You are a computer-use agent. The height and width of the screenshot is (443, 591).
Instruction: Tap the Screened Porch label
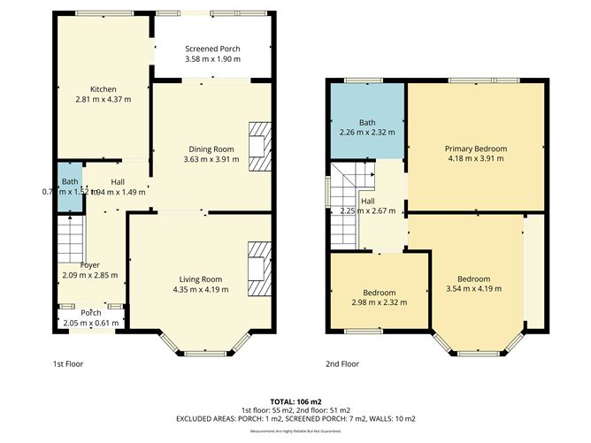pyautogui.click(x=212, y=49)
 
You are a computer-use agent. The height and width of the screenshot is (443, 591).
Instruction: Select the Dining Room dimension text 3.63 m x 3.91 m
pyautogui.click(x=209, y=159)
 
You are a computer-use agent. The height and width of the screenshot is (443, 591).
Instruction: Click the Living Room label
pyautogui.click(x=198, y=279)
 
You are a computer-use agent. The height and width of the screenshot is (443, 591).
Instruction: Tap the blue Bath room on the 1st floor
pyautogui.click(x=66, y=187)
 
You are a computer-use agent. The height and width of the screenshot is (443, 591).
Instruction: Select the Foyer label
pyautogui.click(x=89, y=264)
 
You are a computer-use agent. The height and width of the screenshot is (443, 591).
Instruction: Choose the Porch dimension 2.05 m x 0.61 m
pyautogui.click(x=91, y=324)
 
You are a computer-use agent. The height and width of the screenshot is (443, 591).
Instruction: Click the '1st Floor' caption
pyautogui.click(x=69, y=363)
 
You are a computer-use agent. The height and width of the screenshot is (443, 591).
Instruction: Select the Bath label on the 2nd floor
pyautogui.click(x=367, y=123)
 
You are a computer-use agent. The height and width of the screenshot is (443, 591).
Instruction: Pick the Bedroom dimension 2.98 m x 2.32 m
pyautogui.click(x=380, y=302)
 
